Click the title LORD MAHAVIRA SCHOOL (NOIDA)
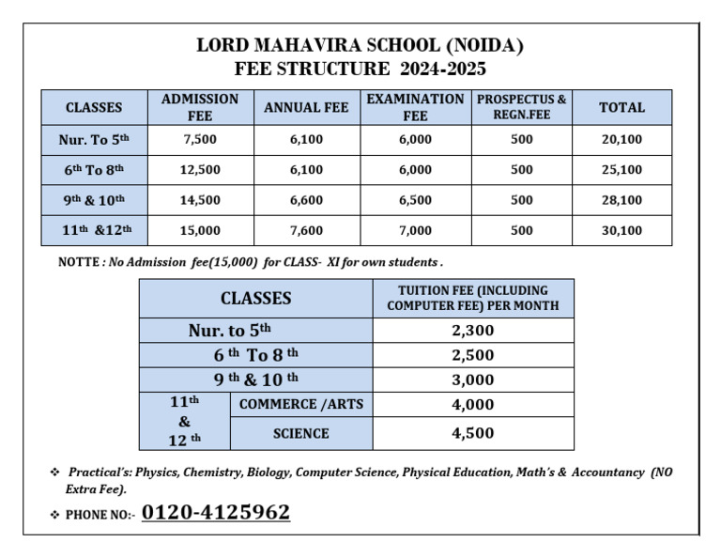pos(360,45)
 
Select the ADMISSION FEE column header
pos(200,107)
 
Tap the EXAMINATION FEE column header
pos(415,107)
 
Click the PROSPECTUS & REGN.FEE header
pos(522,107)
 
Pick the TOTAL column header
pos(621,107)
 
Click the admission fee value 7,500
pos(200,139)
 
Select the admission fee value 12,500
pos(200,170)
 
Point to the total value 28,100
pos(621,200)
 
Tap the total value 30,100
pos(621,230)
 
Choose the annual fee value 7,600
pos(306,230)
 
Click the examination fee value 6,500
pos(415,200)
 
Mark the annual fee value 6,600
pos(306,200)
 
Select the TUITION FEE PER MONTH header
pos(472,298)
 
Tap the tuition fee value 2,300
pos(472,331)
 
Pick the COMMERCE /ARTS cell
pos(301,405)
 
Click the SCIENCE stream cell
pos(301,433)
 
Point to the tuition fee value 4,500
pos(472,433)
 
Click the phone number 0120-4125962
pos(215,513)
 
